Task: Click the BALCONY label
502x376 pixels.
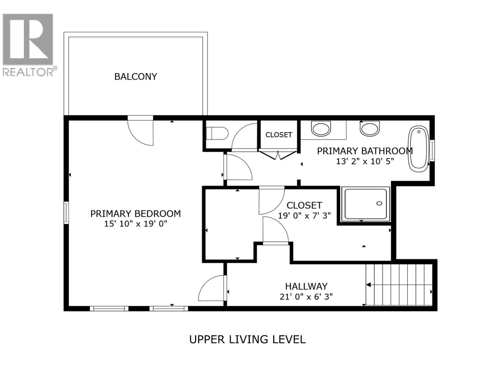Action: [136, 76]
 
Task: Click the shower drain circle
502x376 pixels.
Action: [379, 204]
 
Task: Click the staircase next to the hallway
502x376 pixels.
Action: [399, 285]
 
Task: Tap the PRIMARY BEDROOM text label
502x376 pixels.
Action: [136, 214]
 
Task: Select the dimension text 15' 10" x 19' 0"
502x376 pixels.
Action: [136, 224]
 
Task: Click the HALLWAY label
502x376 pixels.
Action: [306, 286]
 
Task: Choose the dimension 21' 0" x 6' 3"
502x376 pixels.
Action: [306, 296]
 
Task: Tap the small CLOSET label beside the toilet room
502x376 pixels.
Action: [279, 135]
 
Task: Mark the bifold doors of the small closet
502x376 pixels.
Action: [278, 154]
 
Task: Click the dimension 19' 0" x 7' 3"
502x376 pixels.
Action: [304, 216]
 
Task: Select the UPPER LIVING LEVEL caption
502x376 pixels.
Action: [247, 339]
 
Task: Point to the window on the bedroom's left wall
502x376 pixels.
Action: [66, 213]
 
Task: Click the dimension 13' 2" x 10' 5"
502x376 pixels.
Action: [365, 161]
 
